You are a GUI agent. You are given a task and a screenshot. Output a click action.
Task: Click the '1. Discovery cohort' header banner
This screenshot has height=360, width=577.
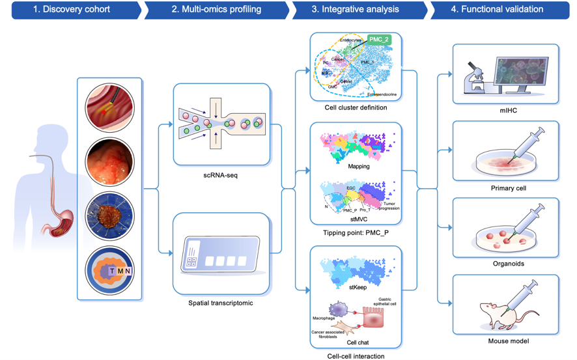point(72,10)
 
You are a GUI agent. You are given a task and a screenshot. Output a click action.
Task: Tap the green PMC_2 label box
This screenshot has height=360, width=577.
point(379,40)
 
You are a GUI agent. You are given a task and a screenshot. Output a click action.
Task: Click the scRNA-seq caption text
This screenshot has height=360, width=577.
point(221,176)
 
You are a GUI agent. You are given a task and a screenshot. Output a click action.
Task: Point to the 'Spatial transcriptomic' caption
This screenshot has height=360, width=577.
point(221,303)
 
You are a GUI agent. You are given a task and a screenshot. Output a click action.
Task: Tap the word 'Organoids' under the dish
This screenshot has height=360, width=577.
point(508,264)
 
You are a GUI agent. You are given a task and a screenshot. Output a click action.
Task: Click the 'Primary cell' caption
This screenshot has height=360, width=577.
point(508,188)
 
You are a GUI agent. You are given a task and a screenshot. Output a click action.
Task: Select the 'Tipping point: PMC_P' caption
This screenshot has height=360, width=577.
point(356,232)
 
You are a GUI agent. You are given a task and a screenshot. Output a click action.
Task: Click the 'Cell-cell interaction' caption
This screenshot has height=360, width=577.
point(356,356)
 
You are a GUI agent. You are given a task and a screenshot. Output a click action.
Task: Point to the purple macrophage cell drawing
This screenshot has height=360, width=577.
point(338,309)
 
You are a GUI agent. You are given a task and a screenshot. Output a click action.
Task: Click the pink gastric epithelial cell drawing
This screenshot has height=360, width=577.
point(373,317)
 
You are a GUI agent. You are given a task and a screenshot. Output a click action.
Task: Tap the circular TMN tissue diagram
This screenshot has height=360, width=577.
point(109,269)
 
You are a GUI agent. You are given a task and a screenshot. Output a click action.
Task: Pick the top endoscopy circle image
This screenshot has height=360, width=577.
point(109,107)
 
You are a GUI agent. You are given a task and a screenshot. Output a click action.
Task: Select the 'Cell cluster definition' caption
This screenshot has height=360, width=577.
point(356,108)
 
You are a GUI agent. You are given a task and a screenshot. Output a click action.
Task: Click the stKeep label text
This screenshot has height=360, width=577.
point(358,287)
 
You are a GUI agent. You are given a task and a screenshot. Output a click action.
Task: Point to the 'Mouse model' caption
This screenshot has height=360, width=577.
point(508,341)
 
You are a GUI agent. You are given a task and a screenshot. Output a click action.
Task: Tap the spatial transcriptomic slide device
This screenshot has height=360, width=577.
point(221,257)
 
